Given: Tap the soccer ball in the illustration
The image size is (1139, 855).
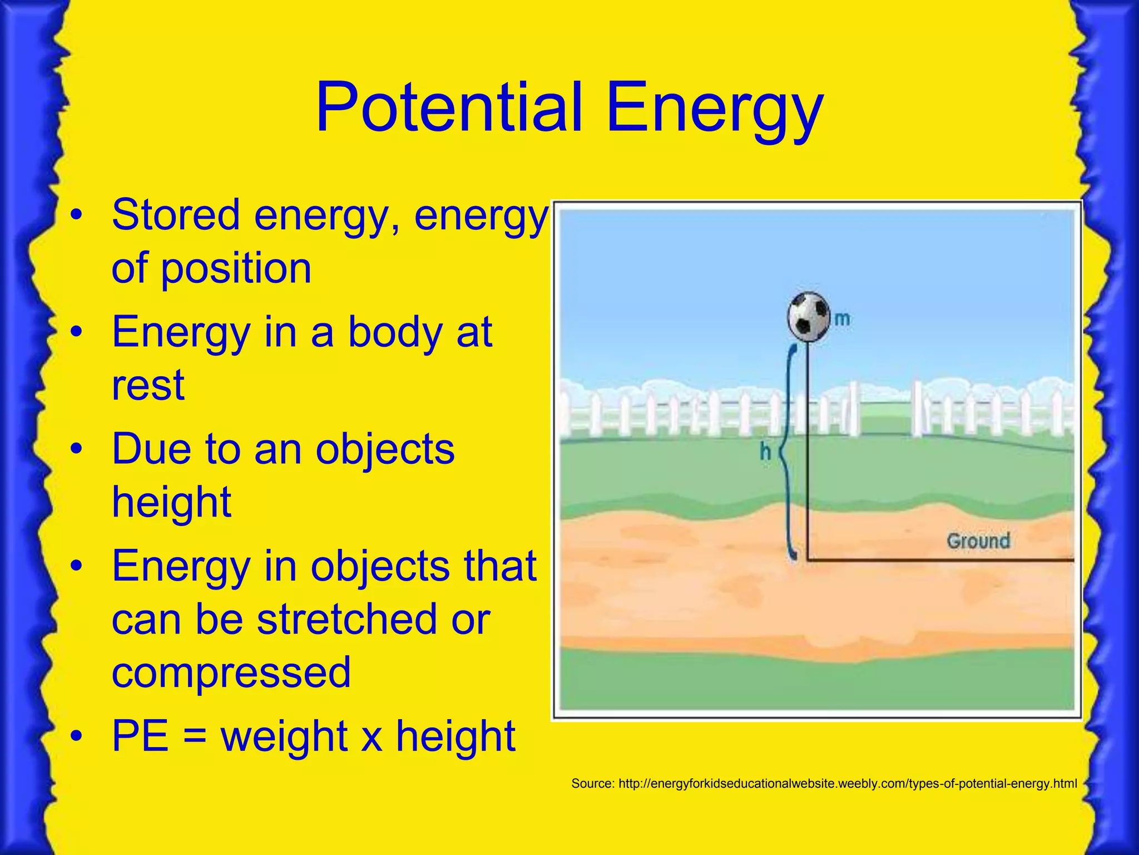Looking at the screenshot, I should click(809, 317).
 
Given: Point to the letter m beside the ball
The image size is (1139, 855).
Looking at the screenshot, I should click(842, 319).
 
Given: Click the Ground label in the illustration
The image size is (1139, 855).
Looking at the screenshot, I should click(978, 540).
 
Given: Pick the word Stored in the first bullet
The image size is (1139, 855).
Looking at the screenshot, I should click(176, 215).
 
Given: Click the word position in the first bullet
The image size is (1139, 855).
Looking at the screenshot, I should click(236, 268).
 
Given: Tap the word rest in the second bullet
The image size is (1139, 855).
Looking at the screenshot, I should click(147, 385).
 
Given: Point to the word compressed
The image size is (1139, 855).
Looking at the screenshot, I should click(231, 672).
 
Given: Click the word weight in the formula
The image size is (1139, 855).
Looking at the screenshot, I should click(284, 736).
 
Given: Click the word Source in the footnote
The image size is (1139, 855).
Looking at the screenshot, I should click(591, 784).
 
